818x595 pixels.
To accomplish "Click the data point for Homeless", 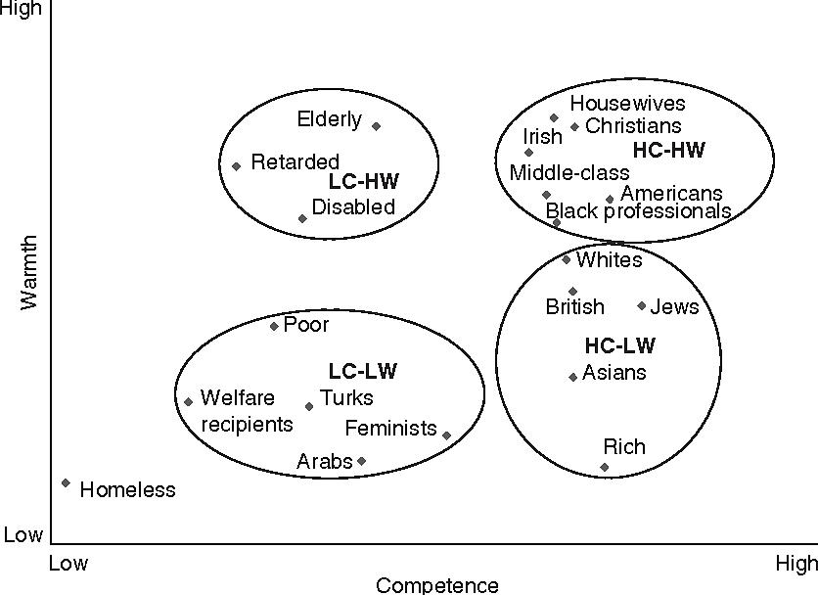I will tap(66, 482).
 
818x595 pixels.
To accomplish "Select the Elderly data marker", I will tap(376, 126).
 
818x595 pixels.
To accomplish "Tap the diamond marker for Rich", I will tap(605, 467).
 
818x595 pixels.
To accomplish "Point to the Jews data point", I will tap(642, 305).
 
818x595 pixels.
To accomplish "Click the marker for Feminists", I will tap(447, 435).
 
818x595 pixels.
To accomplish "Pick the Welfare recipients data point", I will tap(188, 401).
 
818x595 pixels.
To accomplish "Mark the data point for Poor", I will tap(274, 326).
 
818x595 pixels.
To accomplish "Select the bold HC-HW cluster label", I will tap(669, 151).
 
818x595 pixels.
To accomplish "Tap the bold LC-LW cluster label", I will tap(363, 371).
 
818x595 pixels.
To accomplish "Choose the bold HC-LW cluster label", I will tap(620, 345).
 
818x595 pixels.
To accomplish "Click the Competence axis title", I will tap(437, 585).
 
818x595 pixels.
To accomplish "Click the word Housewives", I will tap(627, 104).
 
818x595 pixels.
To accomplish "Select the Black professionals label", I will tap(638, 211).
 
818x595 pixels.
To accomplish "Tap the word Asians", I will tap(613, 373).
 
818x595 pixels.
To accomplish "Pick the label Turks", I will tap(346, 398).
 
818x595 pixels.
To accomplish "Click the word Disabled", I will tap(353, 207).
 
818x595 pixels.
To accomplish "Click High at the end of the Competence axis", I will tap(795, 564).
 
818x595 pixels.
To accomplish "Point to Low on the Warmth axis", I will tap(23, 535).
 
